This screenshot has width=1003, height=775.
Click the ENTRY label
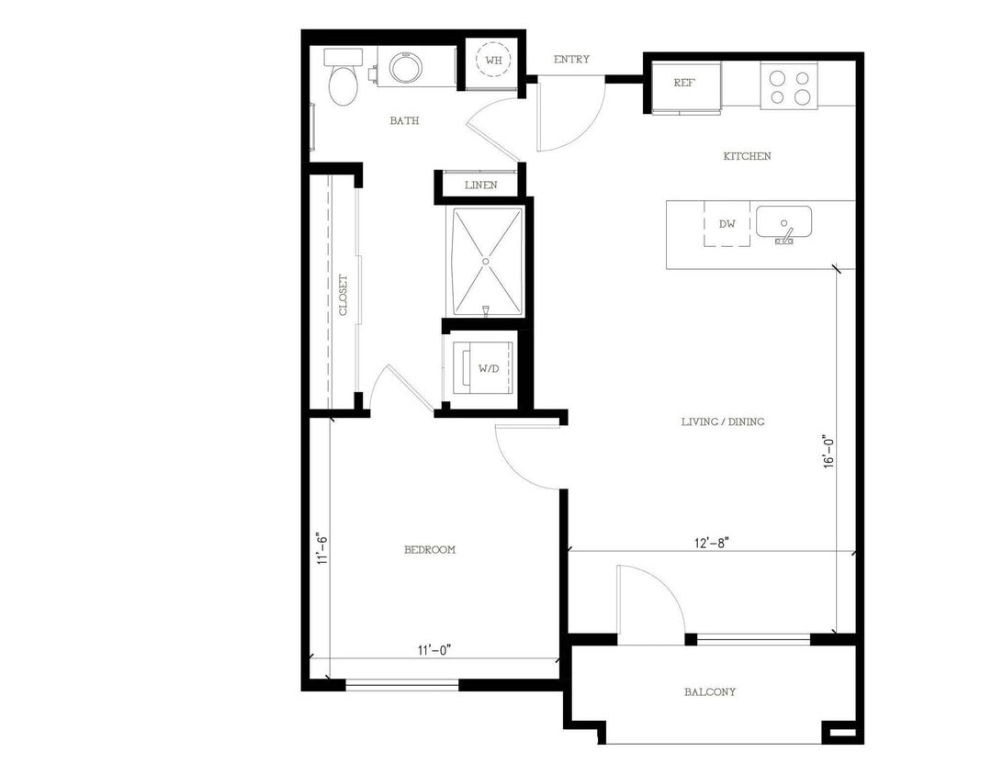coord(571,60)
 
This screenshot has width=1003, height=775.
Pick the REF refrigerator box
coord(684,84)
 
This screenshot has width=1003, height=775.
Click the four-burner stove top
coord(789,86)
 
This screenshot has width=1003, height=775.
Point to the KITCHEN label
coord(747,157)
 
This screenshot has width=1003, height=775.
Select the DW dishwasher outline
coord(727,224)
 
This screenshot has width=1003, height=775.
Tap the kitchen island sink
coord(783,222)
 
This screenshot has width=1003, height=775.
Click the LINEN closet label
coord(480,185)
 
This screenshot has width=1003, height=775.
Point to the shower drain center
coord(486,260)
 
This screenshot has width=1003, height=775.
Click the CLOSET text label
coord(344,295)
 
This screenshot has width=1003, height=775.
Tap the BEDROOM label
coord(430,550)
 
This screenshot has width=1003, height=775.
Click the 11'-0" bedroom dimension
coord(434,650)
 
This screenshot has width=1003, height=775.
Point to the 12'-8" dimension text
coord(712,543)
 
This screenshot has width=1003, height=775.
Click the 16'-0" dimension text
coord(829,453)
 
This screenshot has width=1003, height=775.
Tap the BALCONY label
coord(709,692)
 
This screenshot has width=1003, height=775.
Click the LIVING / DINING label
coord(723,422)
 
